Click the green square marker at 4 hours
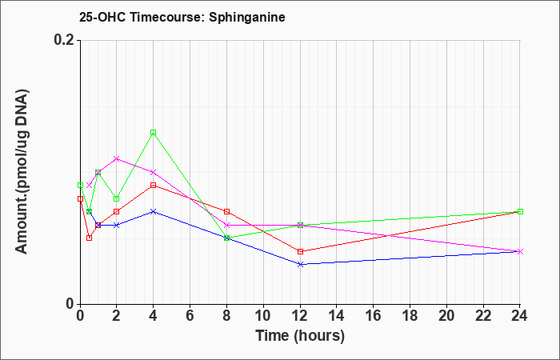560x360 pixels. point(154,133)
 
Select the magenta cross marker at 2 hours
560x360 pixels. point(117,158)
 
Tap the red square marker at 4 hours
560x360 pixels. point(154,186)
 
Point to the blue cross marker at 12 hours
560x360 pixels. point(300,264)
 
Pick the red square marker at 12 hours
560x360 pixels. point(300,251)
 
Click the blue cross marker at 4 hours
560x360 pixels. point(154,211)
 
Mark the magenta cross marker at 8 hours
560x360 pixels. point(226,225)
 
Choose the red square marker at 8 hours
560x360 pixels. point(226,211)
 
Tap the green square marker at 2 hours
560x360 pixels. point(117,198)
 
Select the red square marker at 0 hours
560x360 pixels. point(80,198)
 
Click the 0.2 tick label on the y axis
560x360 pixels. point(64,40)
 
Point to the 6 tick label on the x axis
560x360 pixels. point(190,316)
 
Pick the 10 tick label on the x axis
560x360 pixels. point(263,316)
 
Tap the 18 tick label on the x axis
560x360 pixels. point(410,316)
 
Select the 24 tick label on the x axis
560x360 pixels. point(520,316)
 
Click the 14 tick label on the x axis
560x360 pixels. point(337,316)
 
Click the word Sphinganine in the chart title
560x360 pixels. point(247,17)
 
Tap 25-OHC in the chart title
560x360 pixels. point(102,17)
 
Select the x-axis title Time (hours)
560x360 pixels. point(300,336)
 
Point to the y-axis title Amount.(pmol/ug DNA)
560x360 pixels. point(22,171)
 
